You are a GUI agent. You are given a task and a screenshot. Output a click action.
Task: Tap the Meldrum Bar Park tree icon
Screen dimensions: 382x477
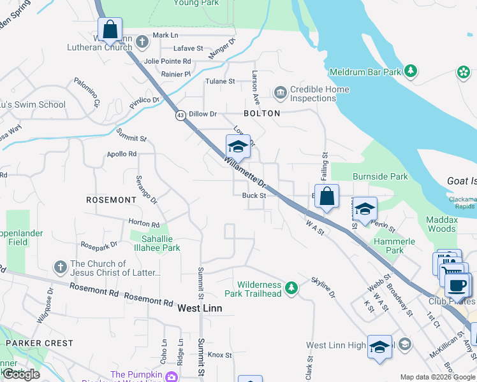(412, 71)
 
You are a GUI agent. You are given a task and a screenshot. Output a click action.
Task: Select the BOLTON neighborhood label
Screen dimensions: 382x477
(261, 113)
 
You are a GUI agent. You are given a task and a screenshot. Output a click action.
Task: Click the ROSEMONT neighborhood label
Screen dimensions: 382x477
(112, 200)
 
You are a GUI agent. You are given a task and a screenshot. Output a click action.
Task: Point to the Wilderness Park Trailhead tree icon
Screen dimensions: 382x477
(291, 289)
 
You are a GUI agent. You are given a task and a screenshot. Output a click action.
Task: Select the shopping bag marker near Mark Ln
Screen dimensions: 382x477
(110, 29)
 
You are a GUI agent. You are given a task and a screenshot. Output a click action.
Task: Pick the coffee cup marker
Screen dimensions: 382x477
(457, 285)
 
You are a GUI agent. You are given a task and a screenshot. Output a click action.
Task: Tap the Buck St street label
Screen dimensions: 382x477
(254, 195)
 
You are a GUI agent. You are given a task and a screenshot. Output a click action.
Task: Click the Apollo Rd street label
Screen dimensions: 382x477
(122, 154)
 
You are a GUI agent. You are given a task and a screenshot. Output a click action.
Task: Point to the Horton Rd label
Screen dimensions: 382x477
(143, 224)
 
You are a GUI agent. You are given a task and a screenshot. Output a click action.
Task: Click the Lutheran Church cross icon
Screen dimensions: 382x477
(142, 42)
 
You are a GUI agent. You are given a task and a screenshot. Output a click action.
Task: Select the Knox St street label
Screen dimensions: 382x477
(219, 355)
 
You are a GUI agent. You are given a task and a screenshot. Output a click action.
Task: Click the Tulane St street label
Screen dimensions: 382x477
(220, 81)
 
